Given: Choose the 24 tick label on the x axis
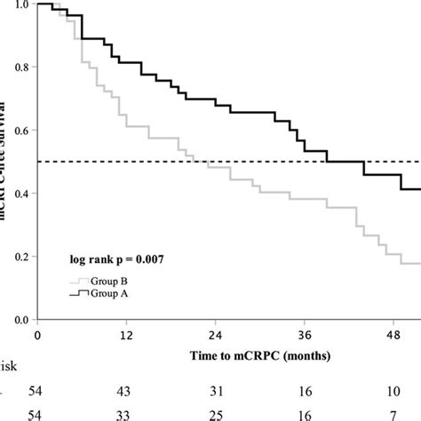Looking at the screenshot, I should [214, 336].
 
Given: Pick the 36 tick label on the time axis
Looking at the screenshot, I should [303, 336].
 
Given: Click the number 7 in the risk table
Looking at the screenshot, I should [392, 414].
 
